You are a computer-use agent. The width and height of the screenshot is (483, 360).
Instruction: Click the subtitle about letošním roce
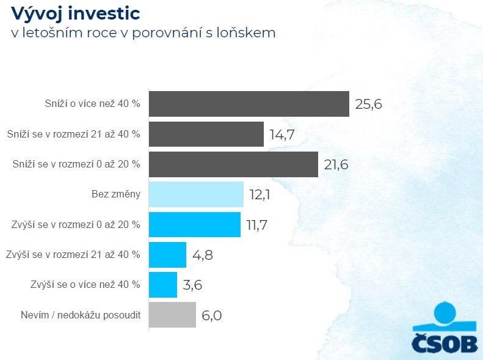[143, 32]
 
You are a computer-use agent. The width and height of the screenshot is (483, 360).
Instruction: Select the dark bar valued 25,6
[249, 104]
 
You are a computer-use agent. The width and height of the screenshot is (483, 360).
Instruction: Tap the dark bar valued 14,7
[206, 134]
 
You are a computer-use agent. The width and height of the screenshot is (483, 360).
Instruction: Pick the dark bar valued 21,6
[233, 164]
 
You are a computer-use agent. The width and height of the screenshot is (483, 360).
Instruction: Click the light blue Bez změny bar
[196, 194]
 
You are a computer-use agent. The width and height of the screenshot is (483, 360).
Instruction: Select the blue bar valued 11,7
[195, 224]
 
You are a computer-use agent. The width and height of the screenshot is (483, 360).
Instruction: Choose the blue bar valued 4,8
[167, 254]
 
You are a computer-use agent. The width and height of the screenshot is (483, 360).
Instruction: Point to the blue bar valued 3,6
[163, 284]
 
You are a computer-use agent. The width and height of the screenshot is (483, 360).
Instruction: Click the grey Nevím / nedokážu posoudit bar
[172, 315]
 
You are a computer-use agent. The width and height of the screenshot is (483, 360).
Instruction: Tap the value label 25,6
[368, 105]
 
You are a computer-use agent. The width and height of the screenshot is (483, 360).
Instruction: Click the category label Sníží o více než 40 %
[92, 104]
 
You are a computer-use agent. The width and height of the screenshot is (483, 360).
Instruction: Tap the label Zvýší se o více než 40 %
[85, 284]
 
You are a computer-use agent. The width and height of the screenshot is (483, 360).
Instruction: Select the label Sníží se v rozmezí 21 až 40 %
[73, 134]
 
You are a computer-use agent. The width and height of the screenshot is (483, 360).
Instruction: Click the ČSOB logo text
[445, 344]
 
